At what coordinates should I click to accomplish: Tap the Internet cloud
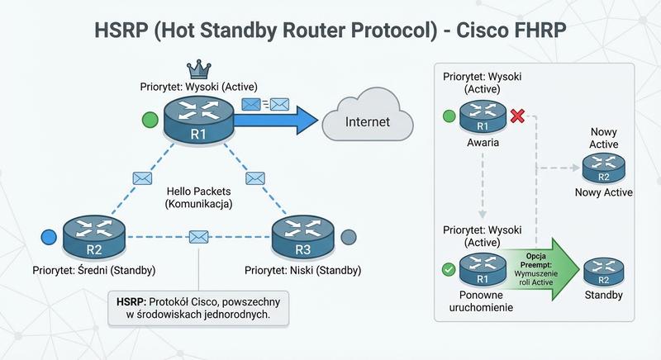(x=368, y=121)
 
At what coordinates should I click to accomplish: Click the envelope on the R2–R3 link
(x=198, y=236)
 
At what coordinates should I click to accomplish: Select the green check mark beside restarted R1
(x=448, y=268)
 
